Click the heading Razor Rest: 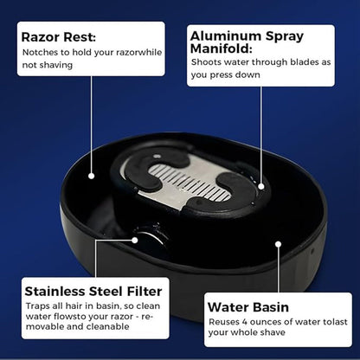click(59, 37)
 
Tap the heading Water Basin click(248, 307)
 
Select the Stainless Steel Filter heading click(93, 292)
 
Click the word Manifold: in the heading click(222, 48)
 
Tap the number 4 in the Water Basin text click(245, 322)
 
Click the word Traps click(36, 306)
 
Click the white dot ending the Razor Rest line click(92, 176)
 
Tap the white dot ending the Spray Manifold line click(261, 187)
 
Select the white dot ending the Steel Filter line click(135, 240)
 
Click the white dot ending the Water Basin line click(278, 244)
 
